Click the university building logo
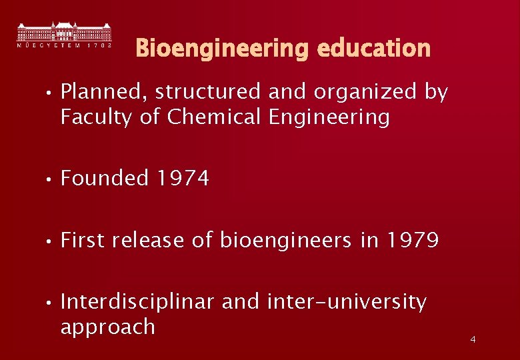pyautogui.click(x=64, y=35)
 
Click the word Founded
pyautogui.click(x=105, y=179)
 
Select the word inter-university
pyautogui.click(x=346, y=302)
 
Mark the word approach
pyautogui.click(x=107, y=327)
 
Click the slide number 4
pyautogui.click(x=473, y=340)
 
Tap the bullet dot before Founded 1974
pyautogui.click(x=49, y=179)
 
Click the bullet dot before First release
pyautogui.click(x=49, y=241)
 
